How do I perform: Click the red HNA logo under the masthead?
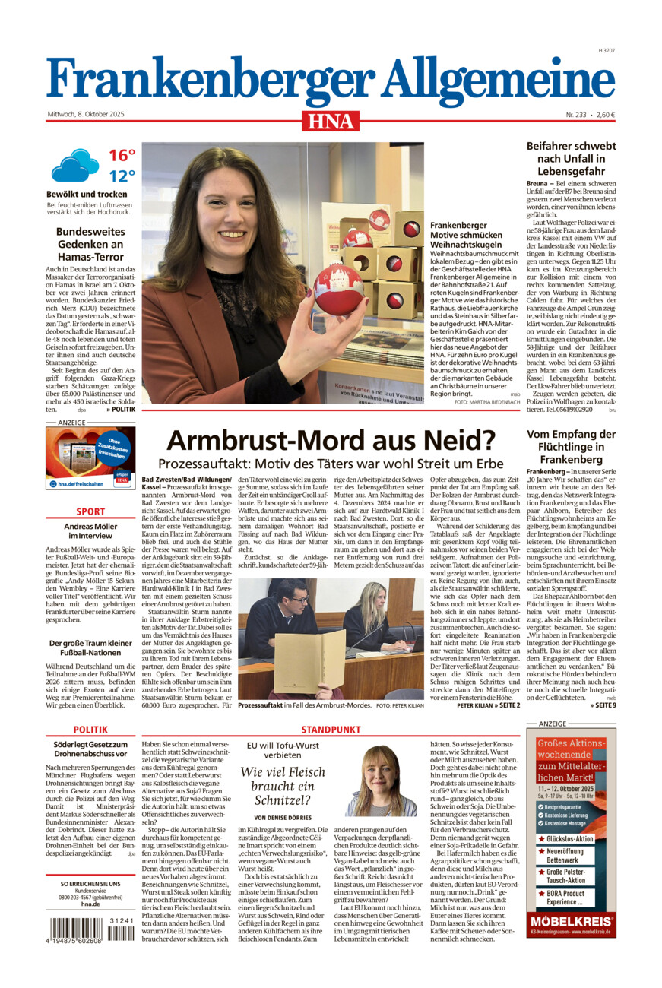click(x=331, y=121)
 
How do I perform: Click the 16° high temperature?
click(x=121, y=156)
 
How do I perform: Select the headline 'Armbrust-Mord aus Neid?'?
click(x=331, y=440)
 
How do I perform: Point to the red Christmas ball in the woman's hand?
click(x=338, y=289)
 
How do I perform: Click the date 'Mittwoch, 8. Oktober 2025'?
click(x=85, y=115)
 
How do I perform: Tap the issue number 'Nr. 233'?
click(x=575, y=115)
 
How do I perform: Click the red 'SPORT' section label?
click(x=90, y=511)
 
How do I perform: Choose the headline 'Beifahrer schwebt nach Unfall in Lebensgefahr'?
click(x=571, y=159)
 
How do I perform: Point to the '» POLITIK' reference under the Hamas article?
click(x=120, y=409)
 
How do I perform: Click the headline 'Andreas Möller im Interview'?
click(x=90, y=531)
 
